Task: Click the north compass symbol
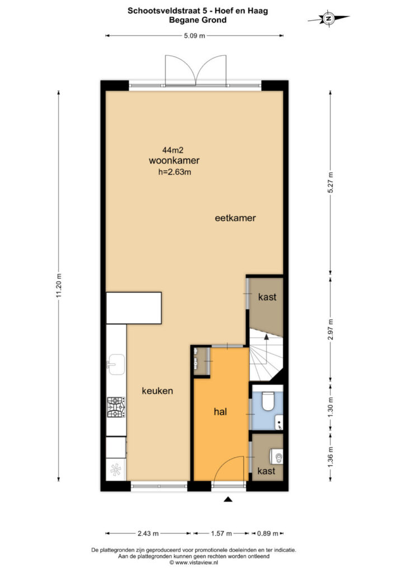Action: tap(329, 18)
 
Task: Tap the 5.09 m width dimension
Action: tap(194, 36)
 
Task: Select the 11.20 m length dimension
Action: tap(59, 285)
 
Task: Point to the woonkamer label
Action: tap(174, 160)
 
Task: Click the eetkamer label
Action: tap(235, 218)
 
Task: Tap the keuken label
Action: tap(157, 391)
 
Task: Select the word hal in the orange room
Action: tap(220, 412)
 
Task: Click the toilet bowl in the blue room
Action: tap(268, 401)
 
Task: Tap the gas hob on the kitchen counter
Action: tap(116, 407)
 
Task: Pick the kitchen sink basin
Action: tap(116, 364)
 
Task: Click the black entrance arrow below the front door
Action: tap(228, 499)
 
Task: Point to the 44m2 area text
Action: tap(173, 150)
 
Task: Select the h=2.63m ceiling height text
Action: tap(175, 172)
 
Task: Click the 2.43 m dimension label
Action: tap(148, 533)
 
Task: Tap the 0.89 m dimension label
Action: tap(268, 533)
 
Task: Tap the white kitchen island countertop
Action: tap(134, 308)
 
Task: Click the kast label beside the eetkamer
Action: tap(267, 297)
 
